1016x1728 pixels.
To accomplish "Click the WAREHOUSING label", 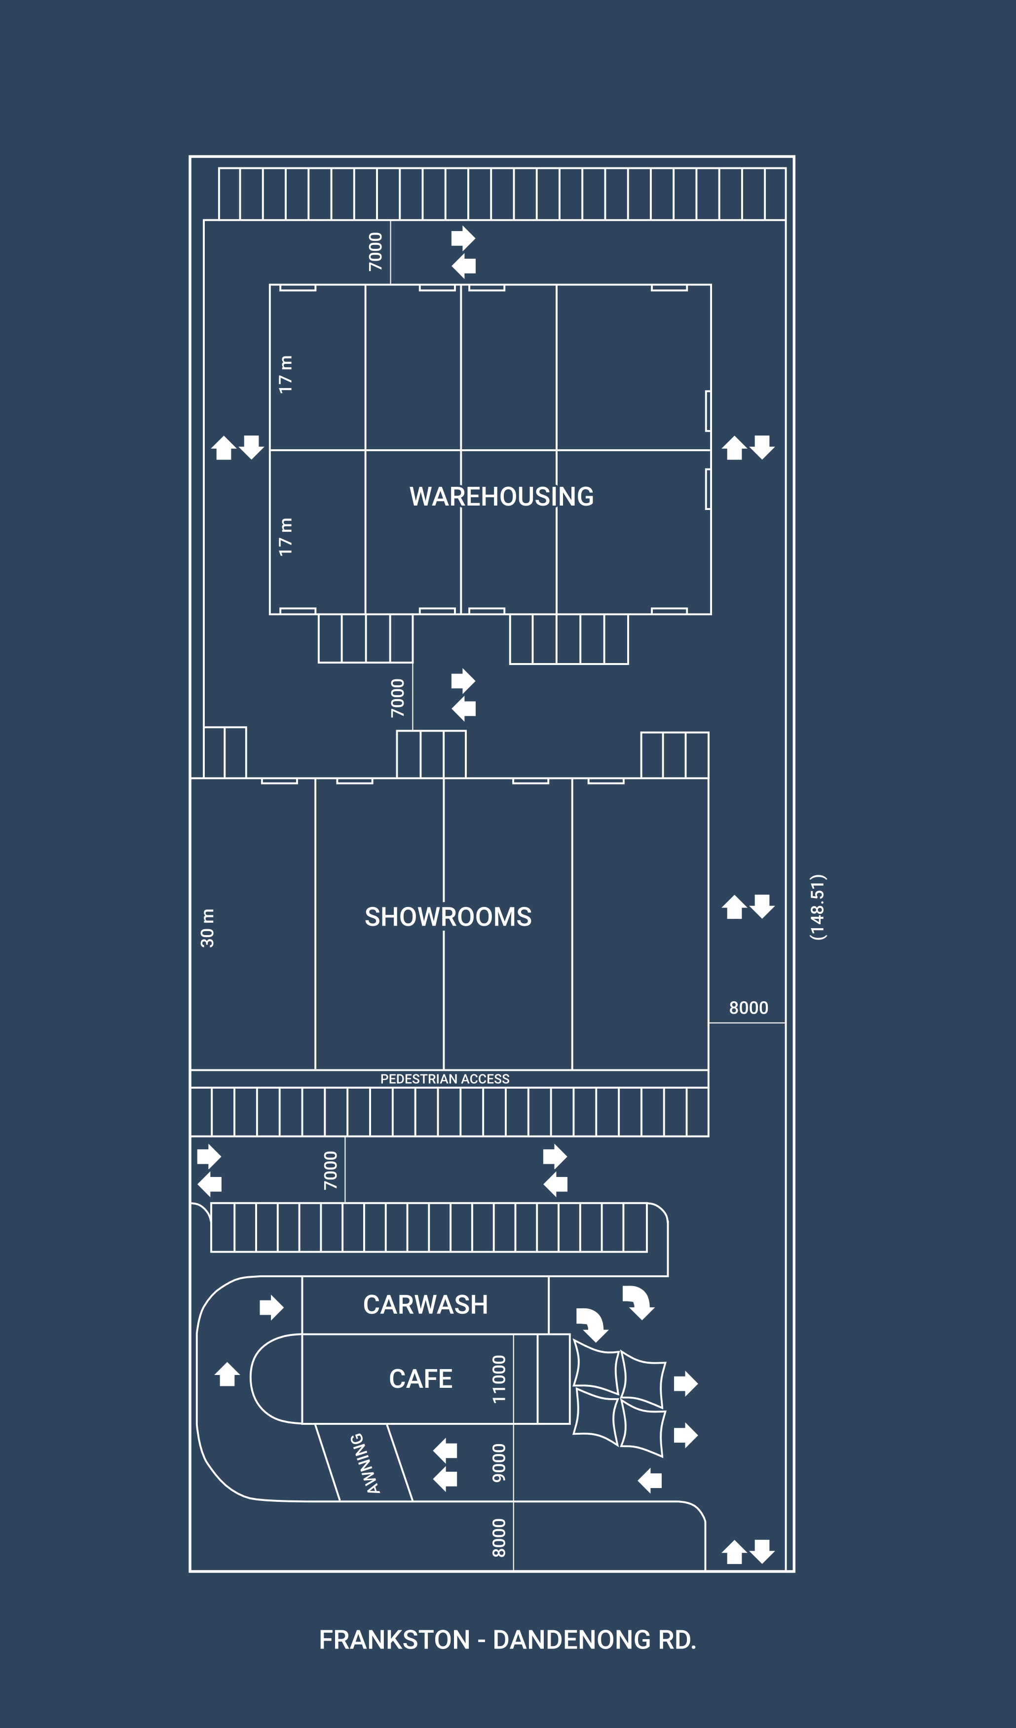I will click(501, 497).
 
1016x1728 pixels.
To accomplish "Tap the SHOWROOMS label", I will click(448, 917).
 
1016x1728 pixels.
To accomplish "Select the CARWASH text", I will click(425, 1305).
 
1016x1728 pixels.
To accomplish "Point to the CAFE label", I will click(420, 1379).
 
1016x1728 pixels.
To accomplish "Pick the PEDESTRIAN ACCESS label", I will click(445, 1079).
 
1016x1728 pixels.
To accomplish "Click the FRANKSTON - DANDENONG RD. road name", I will click(507, 1640).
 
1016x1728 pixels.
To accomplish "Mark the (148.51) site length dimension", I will click(818, 907).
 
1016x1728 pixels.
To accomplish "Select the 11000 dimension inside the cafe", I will click(499, 1379).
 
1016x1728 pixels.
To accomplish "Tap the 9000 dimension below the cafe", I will click(499, 1462).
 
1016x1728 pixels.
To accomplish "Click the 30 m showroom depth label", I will click(207, 928).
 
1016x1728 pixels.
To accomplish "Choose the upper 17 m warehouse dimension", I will click(285, 374).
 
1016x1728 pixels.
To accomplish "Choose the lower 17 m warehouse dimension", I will click(285, 537).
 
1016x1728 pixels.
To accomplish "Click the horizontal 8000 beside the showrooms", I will click(748, 1007).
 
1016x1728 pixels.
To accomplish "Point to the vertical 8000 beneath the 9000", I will click(499, 1538).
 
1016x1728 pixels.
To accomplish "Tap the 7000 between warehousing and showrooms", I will click(398, 698).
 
